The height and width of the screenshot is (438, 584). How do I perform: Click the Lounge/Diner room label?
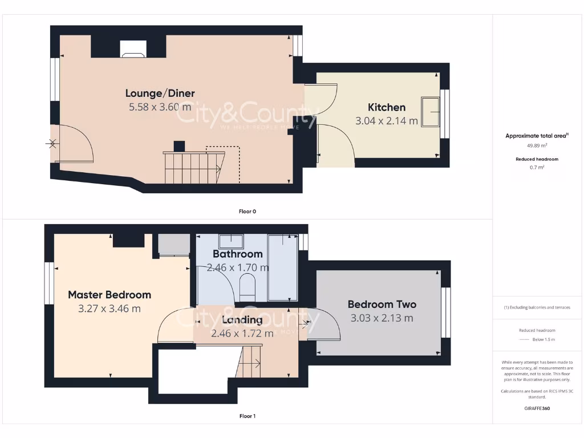click(x=160, y=93)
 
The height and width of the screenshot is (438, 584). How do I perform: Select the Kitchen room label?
click(x=386, y=107)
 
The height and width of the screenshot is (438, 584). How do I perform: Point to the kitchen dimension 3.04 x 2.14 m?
click(x=386, y=121)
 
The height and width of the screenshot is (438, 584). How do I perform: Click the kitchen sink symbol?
click(x=430, y=111)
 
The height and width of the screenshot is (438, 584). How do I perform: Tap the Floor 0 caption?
click(x=247, y=211)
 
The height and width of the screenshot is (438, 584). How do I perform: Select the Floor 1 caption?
click(x=247, y=416)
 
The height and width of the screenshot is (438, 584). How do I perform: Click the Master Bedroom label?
click(x=109, y=295)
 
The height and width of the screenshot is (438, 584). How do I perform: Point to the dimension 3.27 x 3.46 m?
click(x=109, y=309)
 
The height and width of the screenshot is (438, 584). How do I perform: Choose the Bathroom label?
click(x=237, y=254)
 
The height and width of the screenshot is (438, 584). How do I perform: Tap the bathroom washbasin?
click(x=231, y=241)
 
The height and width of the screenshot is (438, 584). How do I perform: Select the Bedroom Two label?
click(x=382, y=305)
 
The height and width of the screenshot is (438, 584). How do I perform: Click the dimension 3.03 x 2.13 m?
click(x=382, y=318)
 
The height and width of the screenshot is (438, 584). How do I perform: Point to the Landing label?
click(x=242, y=320)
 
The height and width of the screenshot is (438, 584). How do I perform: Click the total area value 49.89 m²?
click(x=537, y=145)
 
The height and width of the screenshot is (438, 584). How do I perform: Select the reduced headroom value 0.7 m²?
click(x=537, y=168)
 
